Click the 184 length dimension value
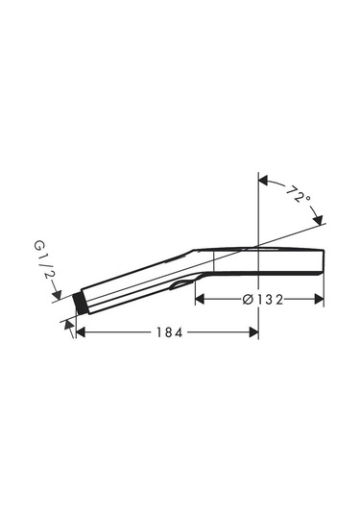pyautogui.click(x=169, y=332)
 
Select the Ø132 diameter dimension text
pyautogui.click(x=263, y=300)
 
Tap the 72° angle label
pyautogui.click(x=299, y=194)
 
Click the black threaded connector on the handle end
pyautogui.click(x=79, y=303)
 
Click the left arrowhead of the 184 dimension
pyautogui.click(x=81, y=332)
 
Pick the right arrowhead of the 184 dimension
pyautogui.click(x=253, y=332)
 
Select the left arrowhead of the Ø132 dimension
pyautogui.click(x=200, y=299)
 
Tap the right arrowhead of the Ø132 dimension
pyautogui.click(x=320, y=299)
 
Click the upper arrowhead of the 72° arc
pyautogui.click(x=263, y=181)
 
